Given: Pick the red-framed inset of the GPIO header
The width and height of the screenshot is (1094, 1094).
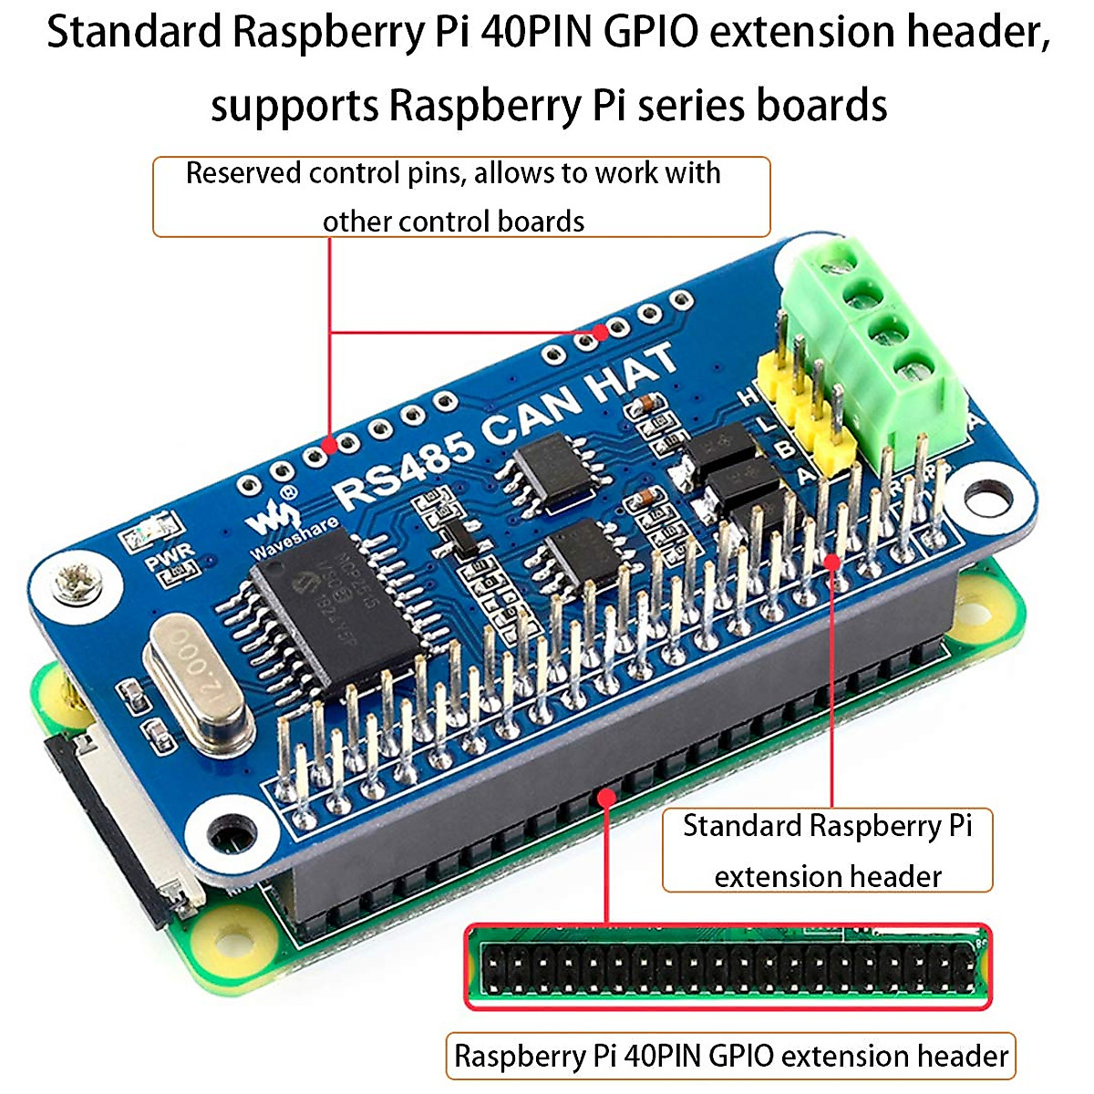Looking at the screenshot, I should click(728, 966).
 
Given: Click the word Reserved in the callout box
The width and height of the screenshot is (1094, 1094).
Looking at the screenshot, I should click(243, 173).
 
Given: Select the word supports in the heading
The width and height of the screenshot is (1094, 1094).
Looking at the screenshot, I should click(294, 106).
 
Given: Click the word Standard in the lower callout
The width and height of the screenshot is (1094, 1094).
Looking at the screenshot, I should click(741, 826).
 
